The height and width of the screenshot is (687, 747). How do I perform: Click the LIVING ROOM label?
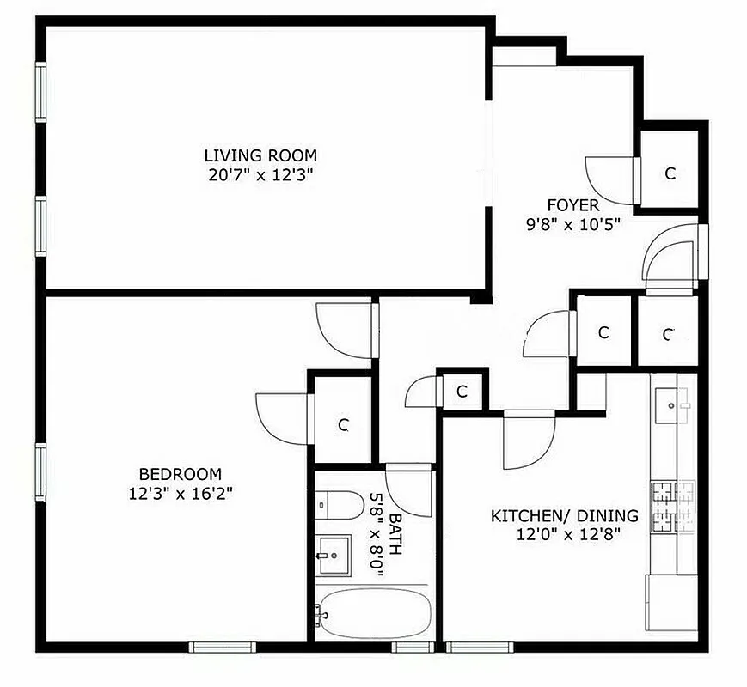click(260, 155)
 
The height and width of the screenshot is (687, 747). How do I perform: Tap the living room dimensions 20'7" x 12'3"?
click(260, 175)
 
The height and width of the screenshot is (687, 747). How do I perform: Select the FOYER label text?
click(572, 205)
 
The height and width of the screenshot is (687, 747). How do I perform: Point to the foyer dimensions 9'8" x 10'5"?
click(572, 225)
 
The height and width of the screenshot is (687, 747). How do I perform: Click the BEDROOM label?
click(180, 473)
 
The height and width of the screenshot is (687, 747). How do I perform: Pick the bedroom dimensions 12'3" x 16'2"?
click(180, 494)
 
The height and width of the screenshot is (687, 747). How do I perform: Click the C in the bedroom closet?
click(342, 424)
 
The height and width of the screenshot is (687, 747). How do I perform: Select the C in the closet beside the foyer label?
click(670, 173)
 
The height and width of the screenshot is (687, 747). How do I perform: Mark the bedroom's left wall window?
click(40, 470)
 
